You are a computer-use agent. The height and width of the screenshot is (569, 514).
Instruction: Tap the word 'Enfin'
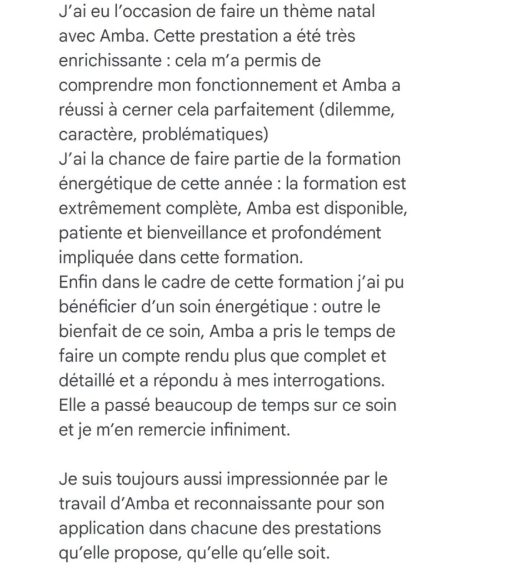click(x=78, y=282)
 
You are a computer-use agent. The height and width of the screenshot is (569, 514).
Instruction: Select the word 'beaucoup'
click(x=208, y=405)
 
